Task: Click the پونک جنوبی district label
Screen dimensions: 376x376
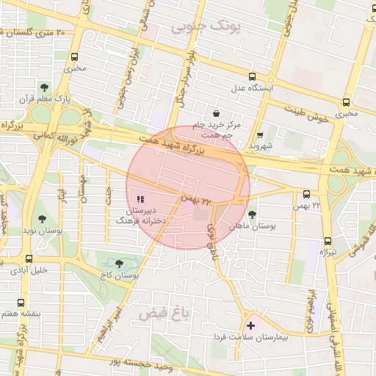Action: [206, 28]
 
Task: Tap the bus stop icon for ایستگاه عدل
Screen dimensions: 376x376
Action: [253, 76]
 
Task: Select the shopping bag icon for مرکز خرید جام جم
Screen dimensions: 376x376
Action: [215, 113]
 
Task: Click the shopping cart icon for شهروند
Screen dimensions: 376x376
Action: [261, 134]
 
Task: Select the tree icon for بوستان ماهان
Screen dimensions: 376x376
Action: [253, 215]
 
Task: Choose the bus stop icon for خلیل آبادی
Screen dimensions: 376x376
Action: [29, 258]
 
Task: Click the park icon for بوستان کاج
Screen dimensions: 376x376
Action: [120, 263]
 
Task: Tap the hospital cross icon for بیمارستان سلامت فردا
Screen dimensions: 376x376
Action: [252, 325]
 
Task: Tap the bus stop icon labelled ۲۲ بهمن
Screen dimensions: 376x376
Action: [306, 194]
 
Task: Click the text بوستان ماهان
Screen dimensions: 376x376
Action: [252, 227]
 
